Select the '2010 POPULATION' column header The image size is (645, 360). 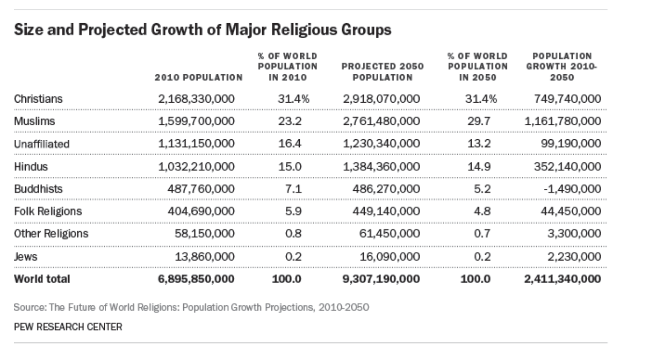point(198,77)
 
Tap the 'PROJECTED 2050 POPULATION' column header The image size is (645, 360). point(382,72)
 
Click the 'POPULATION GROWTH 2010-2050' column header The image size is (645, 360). point(562,67)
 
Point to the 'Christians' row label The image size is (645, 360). point(38,99)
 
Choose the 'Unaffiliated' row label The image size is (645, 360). point(41,144)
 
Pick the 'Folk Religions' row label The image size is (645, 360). point(47,211)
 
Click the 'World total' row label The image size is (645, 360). point(41,279)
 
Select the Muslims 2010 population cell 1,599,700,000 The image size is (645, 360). point(197,122)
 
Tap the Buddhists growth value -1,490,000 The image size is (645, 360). point(572,189)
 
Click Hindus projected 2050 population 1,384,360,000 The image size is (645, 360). point(381,167)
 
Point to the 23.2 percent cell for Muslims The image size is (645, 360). point(289,122)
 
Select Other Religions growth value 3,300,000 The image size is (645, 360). point(574,234)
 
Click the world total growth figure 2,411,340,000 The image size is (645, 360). point(562,279)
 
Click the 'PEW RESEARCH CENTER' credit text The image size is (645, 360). point(68,326)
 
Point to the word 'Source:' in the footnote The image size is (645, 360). point(29,308)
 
